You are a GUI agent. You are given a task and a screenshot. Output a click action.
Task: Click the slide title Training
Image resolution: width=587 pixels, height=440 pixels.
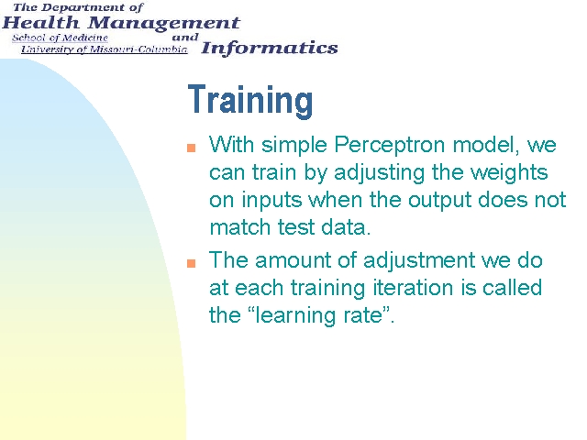(250, 100)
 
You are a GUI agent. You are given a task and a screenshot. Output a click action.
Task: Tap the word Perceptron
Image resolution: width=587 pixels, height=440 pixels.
(389, 145)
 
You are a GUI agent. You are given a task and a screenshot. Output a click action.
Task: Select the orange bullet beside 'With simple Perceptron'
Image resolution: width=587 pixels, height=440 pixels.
(192, 148)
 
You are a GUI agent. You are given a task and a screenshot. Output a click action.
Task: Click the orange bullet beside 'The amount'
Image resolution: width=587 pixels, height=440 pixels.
(192, 263)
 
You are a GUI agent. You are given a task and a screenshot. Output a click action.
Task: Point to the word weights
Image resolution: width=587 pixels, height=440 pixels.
(509, 173)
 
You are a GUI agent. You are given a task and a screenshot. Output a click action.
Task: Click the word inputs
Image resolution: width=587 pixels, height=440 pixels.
(271, 201)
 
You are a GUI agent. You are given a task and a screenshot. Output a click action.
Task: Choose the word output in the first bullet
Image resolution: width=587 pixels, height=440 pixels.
(439, 201)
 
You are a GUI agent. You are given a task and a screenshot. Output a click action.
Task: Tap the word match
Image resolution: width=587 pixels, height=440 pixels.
(239, 227)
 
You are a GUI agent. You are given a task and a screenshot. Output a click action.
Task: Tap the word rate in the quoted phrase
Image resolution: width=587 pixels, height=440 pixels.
(365, 315)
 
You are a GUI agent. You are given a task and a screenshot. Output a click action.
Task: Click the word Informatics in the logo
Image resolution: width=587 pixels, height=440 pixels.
(269, 49)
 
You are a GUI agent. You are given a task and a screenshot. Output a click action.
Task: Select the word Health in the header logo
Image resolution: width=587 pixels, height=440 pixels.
(41, 23)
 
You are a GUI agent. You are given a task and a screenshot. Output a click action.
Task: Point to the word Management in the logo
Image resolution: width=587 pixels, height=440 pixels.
(164, 24)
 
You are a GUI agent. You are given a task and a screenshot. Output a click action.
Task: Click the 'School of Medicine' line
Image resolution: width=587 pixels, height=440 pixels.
(60, 38)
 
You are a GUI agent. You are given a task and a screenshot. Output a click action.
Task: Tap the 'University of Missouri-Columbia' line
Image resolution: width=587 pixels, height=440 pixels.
(104, 49)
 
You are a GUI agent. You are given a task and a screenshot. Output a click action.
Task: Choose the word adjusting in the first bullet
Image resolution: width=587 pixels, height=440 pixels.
(379, 173)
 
